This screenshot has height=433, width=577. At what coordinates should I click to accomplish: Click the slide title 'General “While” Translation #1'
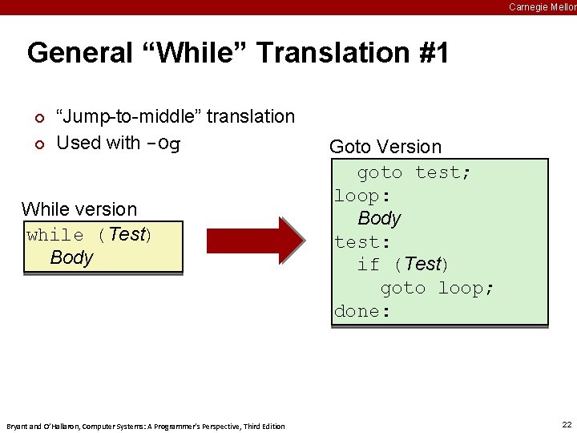(x=237, y=53)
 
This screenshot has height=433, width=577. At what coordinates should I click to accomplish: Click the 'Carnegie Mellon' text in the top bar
(x=542, y=7)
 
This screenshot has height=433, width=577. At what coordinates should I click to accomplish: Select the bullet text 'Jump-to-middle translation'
(x=175, y=116)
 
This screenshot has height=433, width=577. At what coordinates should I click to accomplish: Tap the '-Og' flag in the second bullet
(x=163, y=144)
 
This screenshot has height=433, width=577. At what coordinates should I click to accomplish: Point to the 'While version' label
(x=79, y=209)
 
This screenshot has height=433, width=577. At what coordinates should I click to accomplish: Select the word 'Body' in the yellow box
(x=71, y=257)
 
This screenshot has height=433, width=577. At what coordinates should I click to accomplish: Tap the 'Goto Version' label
(x=385, y=147)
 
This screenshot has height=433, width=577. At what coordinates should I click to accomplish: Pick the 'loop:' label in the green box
(x=362, y=196)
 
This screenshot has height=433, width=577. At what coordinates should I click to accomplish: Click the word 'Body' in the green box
(x=379, y=218)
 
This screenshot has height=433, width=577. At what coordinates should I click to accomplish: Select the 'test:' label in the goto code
(x=362, y=241)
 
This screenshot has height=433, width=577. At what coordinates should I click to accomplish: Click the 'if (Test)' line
(x=402, y=264)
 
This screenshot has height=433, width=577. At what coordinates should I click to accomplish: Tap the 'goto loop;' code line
(x=437, y=288)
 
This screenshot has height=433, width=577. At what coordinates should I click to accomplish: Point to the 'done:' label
(x=362, y=311)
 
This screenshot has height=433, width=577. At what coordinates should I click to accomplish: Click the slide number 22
(x=567, y=425)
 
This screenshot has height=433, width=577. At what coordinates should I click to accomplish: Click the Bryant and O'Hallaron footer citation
(x=145, y=426)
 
